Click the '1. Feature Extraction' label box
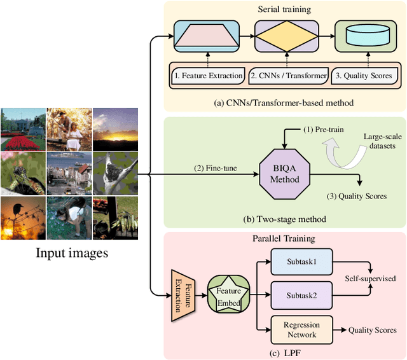(x=207, y=76)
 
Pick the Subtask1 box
(x=301, y=261)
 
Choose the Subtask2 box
(x=301, y=295)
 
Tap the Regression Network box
(x=301, y=329)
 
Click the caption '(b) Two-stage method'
(x=285, y=219)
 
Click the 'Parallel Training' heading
(x=284, y=239)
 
